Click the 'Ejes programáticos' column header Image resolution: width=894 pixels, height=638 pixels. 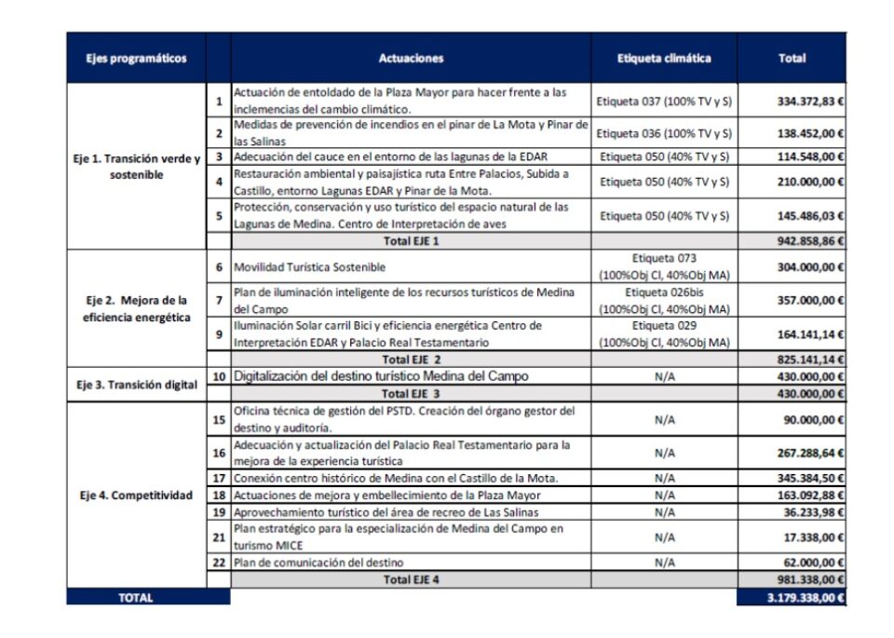point(136,59)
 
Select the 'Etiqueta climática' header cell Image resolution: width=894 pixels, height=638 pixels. point(664,59)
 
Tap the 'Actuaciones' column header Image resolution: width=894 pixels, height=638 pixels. point(411,59)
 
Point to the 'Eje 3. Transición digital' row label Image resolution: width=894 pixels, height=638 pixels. point(136,383)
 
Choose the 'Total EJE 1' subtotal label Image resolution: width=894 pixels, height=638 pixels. point(411,241)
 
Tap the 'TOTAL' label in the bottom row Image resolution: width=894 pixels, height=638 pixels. point(136,597)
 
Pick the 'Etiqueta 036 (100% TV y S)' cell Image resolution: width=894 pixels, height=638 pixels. point(664,133)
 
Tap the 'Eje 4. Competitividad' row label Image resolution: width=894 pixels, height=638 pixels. point(136,495)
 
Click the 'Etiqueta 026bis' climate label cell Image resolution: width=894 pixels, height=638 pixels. point(664,301)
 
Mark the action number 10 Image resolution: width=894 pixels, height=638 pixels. point(219,376)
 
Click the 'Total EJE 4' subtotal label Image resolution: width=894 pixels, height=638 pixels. point(411,579)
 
